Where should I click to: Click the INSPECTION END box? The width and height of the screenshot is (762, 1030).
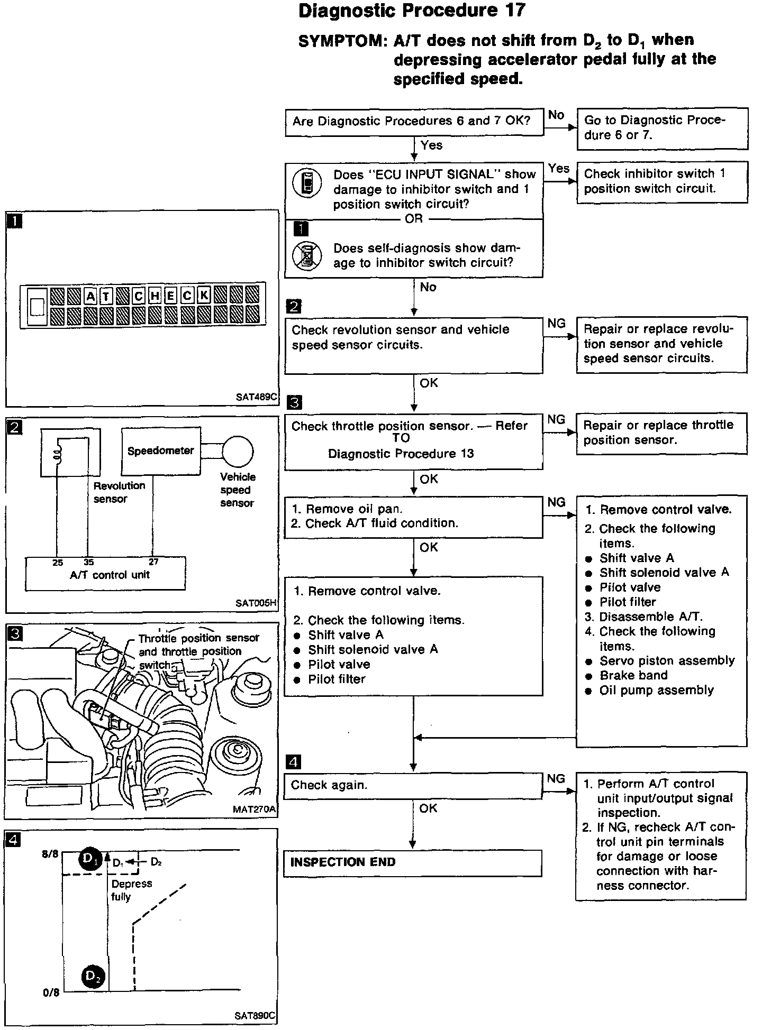coord(412,862)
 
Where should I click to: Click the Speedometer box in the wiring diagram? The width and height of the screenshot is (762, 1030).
coord(161,451)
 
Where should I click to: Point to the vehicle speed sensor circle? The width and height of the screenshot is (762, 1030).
coord(238,451)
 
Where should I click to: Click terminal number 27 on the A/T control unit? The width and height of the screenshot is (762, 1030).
coord(153,562)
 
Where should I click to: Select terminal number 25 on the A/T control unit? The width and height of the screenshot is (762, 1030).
coord(58,563)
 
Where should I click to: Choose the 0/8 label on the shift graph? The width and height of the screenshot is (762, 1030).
coord(51,992)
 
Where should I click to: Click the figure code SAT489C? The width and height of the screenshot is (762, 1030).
coord(257,397)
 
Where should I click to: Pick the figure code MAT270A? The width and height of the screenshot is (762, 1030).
coord(255,809)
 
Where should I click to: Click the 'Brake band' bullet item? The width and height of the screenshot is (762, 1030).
coord(633,675)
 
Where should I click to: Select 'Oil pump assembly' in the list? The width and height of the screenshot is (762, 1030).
coord(656,690)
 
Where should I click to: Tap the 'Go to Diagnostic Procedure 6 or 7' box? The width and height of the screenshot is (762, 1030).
coord(662,128)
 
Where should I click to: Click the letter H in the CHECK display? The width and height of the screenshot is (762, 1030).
coord(155,296)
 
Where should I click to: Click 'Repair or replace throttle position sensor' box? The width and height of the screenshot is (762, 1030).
coord(661,433)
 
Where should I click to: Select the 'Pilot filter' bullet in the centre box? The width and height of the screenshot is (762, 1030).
coord(337,679)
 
